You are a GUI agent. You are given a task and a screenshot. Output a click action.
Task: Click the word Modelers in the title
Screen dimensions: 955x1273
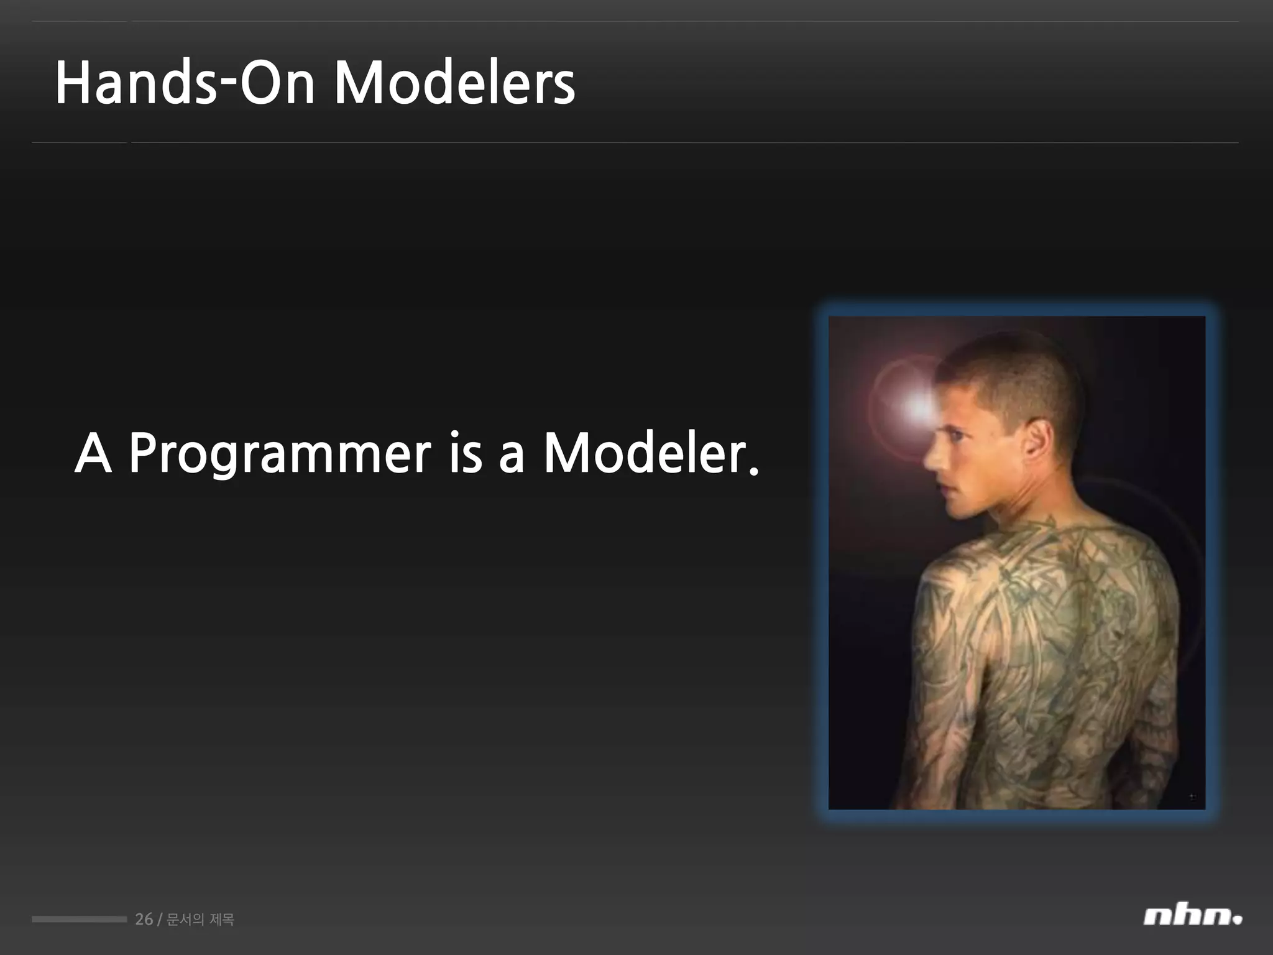click(454, 84)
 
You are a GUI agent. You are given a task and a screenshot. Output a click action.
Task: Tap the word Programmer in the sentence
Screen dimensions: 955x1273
click(279, 454)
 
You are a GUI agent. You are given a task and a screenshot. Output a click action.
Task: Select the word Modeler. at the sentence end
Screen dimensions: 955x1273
click(651, 454)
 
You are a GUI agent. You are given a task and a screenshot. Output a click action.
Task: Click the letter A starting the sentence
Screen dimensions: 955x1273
click(93, 454)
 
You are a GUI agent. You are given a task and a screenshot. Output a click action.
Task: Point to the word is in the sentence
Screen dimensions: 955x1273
click(465, 454)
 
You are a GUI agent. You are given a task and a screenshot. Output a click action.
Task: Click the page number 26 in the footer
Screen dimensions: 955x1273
click(144, 919)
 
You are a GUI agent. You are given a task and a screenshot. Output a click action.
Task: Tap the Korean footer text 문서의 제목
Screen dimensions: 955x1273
click(200, 919)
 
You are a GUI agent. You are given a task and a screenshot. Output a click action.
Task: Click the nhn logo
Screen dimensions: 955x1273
click(1192, 916)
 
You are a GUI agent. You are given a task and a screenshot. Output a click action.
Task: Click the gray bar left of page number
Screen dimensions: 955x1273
click(79, 919)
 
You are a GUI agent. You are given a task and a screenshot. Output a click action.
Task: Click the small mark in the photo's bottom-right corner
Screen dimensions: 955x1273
click(1192, 796)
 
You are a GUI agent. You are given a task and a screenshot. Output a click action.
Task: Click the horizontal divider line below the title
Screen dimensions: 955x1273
click(634, 142)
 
